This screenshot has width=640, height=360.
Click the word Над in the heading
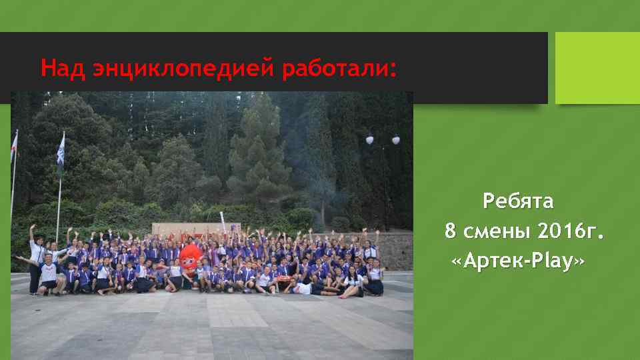(62, 68)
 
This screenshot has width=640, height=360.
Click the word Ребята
(518, 200)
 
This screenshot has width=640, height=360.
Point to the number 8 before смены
(451, 231)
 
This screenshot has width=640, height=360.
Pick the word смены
(496, 231)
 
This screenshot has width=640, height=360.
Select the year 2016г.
(571, 231)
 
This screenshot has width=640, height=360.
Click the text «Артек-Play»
(518, 262)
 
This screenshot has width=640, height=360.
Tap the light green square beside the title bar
(597, 68)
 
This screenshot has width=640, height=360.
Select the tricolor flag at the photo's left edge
(14, 147)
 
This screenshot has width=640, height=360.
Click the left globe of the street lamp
(369, 140)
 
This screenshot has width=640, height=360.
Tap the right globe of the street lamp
(396, 140)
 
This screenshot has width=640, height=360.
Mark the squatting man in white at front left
(48, 276)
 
